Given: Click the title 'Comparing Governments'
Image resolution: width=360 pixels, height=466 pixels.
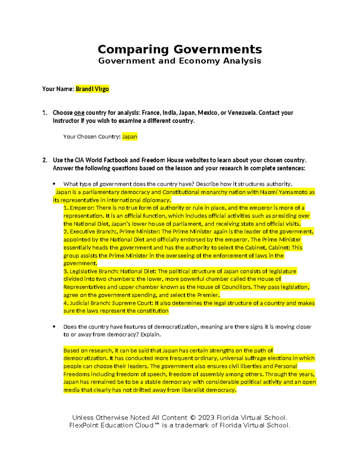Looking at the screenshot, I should click(180, 49).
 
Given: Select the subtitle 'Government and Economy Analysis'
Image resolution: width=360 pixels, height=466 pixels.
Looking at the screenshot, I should click(180, 61).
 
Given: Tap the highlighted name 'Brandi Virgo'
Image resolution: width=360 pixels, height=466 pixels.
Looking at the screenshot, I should click(92, 89).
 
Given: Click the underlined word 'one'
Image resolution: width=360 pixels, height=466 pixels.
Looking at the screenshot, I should click(79, 113).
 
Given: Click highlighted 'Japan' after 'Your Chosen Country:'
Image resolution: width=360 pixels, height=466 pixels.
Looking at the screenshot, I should click(130, 137).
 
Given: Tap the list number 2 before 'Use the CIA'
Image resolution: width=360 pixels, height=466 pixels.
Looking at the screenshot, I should click(45, 160).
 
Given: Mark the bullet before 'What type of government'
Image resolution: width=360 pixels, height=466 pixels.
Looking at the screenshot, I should click(54, 184).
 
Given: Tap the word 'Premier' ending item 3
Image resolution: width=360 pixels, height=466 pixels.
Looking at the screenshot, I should click(209, 295).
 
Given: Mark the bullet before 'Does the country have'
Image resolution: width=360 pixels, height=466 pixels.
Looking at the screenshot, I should click(54, 327).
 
